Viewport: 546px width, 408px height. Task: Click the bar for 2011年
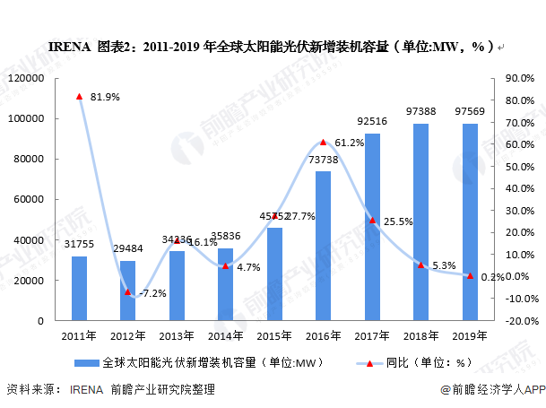(80, 288)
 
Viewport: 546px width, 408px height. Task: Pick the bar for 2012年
(128, 291)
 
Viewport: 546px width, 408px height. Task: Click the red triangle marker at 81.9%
(80, 96)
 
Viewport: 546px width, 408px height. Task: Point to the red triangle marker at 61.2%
(323, 142)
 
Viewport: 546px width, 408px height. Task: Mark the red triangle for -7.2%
(128, 291)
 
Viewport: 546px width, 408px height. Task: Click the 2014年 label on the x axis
(225, 336)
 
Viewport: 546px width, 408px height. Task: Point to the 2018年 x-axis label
(420, 336)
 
